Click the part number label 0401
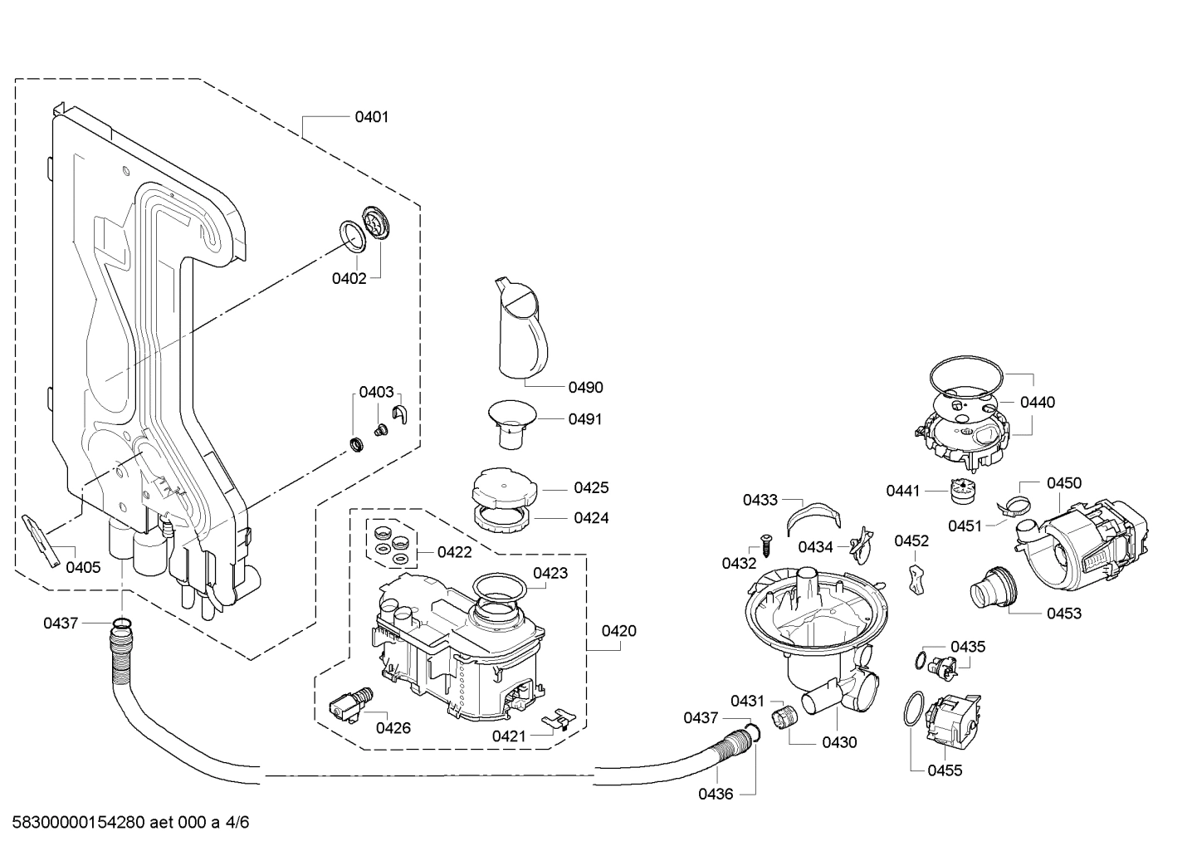[x=371, y=117]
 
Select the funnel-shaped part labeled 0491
[x=510, y=421]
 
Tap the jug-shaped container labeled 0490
[x=520, y=328]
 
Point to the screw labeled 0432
[x=765, y=549]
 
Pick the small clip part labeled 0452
[x=916, y=578]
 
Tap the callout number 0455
[x=945, y=770]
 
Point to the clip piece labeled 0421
[x=558, y=718]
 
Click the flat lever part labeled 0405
[x=42, y=539]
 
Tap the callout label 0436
[x=715, y=794]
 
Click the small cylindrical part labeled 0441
[x=960, y=491]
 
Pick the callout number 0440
[x=1037, y=403]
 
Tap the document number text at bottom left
[x=125, y=823]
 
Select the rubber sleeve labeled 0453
[x=992, y=590]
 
